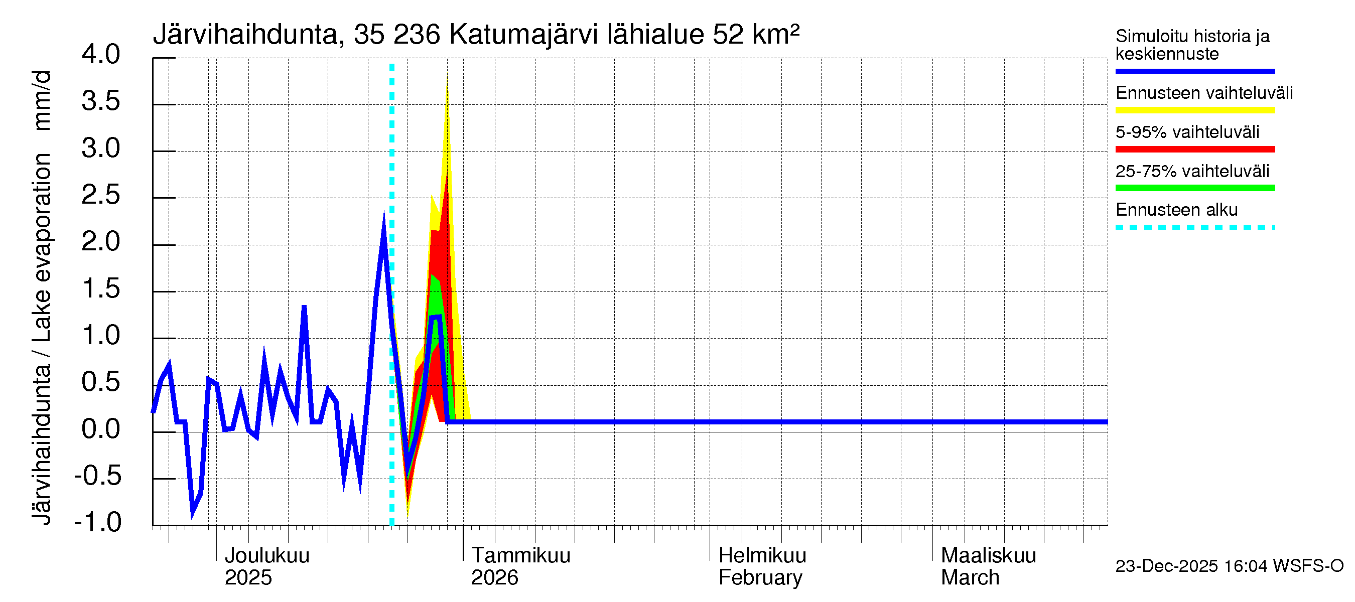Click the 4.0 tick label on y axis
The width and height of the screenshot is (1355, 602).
100,55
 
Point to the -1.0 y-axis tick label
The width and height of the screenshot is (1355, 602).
98,522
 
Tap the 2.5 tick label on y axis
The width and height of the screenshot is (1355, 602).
100,195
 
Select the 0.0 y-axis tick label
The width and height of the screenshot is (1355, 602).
100,429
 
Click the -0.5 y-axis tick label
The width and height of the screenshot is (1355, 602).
98,476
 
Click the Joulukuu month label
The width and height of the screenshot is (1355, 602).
266,555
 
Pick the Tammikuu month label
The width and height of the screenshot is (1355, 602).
521,555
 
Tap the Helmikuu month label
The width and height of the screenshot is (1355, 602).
762,555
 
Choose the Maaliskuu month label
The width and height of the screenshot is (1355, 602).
988,555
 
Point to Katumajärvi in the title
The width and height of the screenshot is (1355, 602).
524,35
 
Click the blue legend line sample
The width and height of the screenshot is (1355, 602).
1194,71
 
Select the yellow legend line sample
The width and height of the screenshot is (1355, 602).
1194,110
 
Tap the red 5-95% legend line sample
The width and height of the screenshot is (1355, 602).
1194,149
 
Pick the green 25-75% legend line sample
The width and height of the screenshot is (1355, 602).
1194,188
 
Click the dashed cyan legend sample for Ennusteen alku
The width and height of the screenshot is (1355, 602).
1194,227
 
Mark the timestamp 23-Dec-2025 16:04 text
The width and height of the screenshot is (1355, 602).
1229,566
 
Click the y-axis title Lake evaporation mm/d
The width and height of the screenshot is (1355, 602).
42,297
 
